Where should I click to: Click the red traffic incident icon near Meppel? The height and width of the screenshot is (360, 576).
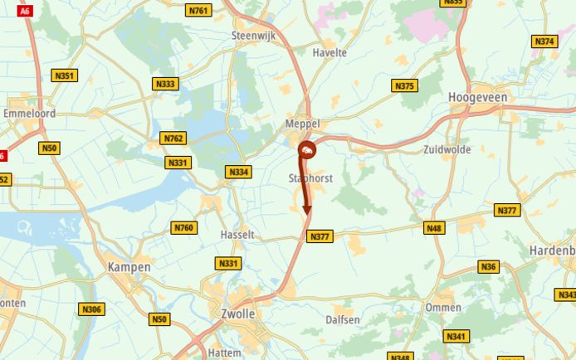click(x=307, y=150)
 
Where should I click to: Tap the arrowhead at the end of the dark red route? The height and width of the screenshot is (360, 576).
click(x=307, y=211)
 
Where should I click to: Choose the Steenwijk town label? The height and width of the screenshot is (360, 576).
click(x=253, y=36)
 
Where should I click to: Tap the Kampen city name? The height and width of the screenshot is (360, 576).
click(x=129, y=267)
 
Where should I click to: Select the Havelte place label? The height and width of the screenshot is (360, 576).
click(x=329, y=52)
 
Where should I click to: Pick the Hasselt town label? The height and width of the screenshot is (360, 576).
click(x=237, y=235)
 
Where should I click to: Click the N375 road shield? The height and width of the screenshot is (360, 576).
click(x=404, y=85)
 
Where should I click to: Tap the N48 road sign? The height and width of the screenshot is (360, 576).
click(x=433, y=228)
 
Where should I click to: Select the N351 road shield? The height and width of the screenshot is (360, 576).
click(x=64, y=75)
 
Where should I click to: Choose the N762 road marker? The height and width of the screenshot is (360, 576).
click(x=173, y=139)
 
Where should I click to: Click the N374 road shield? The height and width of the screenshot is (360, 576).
click(x=544, y=41)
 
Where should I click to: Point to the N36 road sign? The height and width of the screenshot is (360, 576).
click(x=488, y=267)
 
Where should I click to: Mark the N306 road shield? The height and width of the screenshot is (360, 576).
click(x=91, y=309)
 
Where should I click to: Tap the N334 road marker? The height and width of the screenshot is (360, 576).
click(x=237, y=172)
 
